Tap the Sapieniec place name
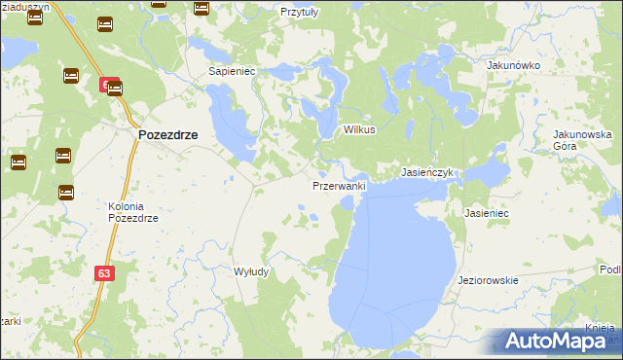point(232,72)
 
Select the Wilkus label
point(359,129)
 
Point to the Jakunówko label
point(513,65)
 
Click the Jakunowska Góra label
point(581,139)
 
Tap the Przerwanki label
point(339,185)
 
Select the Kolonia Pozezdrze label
point(132,212)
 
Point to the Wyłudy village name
point(251,272)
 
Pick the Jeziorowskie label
point(488,280)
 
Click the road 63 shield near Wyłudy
point(105,273)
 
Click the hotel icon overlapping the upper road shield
point(115,88)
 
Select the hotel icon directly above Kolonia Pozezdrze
point(65,193)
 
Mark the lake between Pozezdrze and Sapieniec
point(231,126)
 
